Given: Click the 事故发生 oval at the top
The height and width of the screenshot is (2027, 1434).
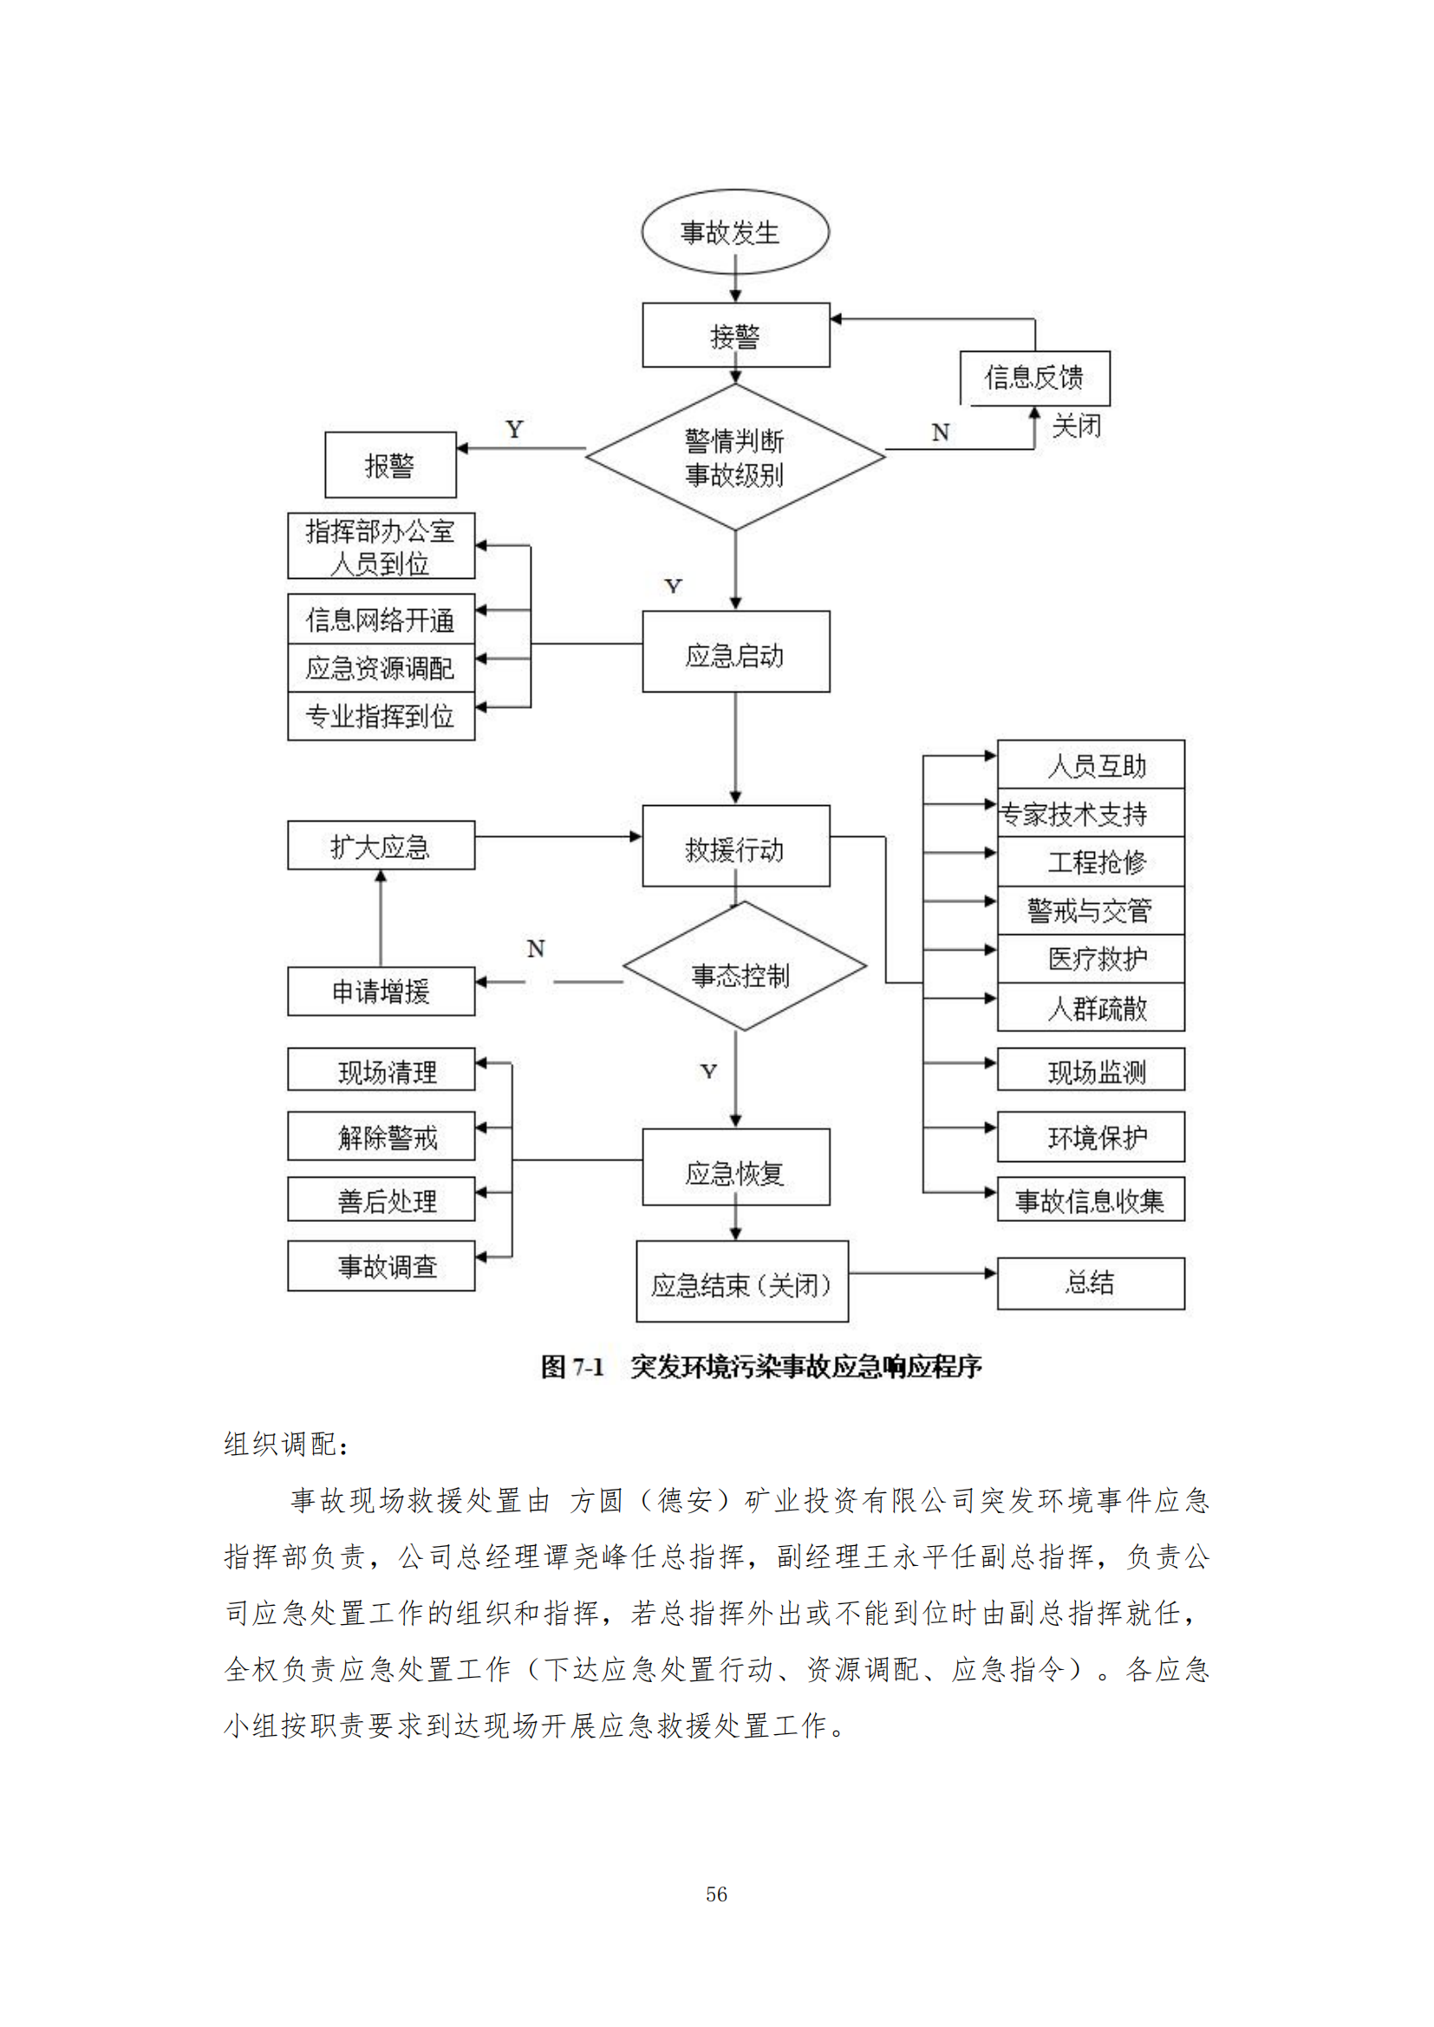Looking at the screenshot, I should tap(734, 232).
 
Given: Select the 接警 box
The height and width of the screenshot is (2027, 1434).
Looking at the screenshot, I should tap(735, 335).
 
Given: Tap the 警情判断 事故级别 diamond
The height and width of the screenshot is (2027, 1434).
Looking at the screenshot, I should tap(734, 458).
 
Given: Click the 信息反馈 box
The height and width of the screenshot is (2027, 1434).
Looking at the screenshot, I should tap(1034, 378).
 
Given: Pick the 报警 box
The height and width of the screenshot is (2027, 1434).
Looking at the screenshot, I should tap(390, 465).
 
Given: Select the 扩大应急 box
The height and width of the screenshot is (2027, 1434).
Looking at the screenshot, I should tap(381, 846).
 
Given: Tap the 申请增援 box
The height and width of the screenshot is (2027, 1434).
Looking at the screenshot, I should tap(381, 991).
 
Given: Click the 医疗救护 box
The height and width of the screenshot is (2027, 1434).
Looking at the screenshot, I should tap(1091, 958).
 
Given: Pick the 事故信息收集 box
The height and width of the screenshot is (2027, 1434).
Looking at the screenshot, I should tap(1091, 1199).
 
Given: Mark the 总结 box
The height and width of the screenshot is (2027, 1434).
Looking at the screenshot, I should tap(1091, 1283).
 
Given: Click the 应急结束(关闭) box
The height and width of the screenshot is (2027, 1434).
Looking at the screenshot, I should tap(742, 1283).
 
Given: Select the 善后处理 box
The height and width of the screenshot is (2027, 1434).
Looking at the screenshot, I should tap(381, 1199).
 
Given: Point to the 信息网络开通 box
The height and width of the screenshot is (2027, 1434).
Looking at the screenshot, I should tap(381, 619).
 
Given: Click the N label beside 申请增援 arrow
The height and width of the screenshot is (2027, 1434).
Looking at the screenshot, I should tap(536, 949).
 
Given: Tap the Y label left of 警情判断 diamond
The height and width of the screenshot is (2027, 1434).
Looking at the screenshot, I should tap(515, 430).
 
